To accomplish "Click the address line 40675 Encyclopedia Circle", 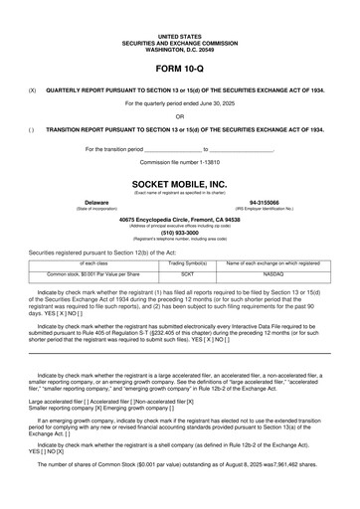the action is (x=179, y=219).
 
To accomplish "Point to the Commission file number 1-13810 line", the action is (x=179, y=160).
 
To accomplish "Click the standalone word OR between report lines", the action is (x=179, y=115).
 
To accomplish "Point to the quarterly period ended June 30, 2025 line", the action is (x=179, y=102).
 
